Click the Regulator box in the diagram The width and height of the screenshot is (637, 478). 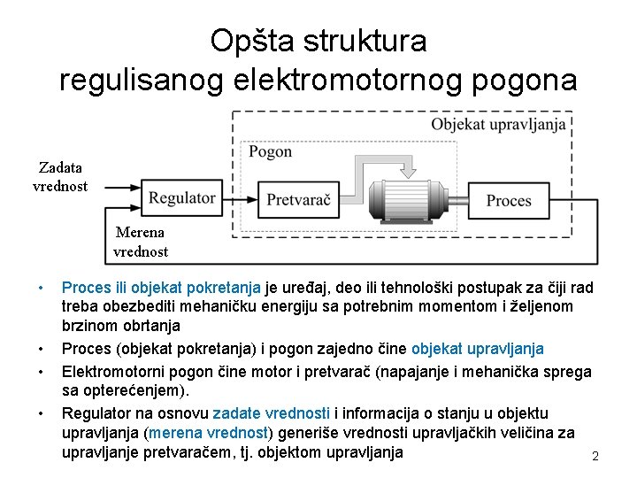[182, 198]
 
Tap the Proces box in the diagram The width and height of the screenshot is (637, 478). [509, 200]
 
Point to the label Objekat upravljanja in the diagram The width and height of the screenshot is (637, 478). [498, 124]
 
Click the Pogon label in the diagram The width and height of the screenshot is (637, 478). [270, 151]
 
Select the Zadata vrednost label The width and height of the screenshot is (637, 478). [60, 176]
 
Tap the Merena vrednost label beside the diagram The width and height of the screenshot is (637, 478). [140, 242]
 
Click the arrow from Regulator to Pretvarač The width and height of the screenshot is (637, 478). [238, 199]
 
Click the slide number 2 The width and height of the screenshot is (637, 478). [595, 456]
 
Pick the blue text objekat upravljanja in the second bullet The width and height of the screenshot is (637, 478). [478, 349]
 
